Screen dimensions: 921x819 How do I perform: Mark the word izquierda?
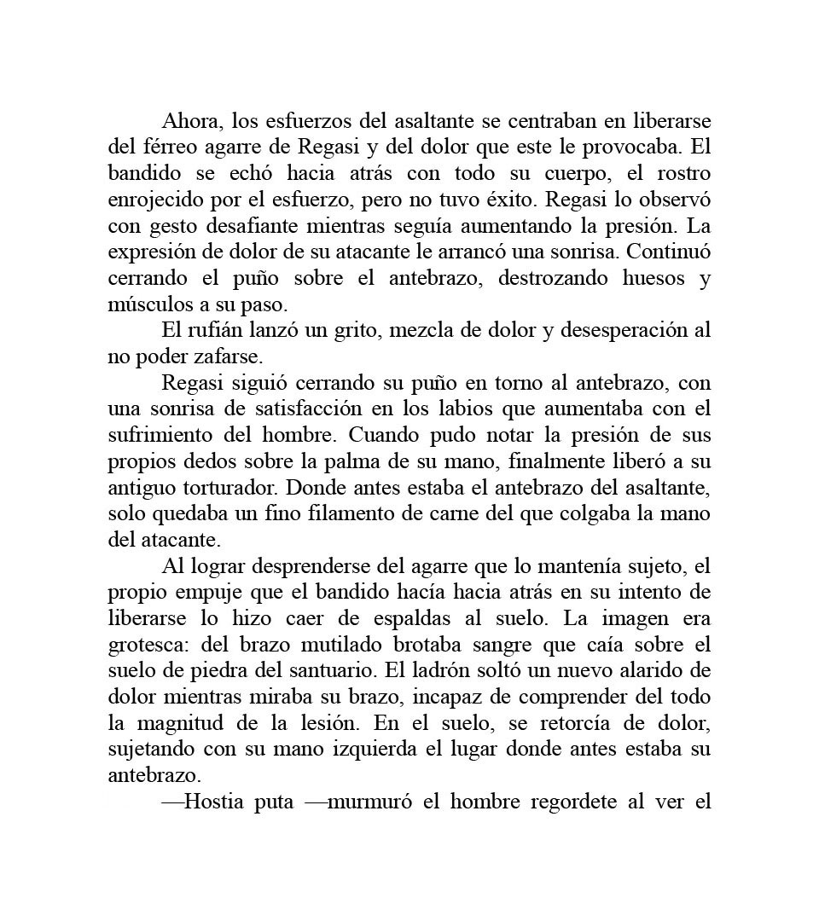click(x=403, y=750)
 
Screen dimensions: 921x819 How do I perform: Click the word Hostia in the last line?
click(x=214, y=803)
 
